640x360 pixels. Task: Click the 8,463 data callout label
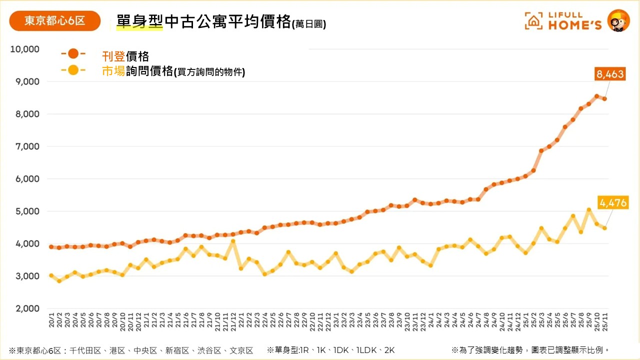point(609,74)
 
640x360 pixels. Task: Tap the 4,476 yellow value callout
point(613,202)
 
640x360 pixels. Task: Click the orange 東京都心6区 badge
point(55,21)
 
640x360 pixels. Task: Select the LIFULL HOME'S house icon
point(533,21)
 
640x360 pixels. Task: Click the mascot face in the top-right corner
point(618,20)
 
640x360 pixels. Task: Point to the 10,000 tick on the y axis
point(24,49)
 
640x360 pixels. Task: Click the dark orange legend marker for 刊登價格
point(73,53)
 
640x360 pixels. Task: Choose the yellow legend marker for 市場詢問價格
point(73,70)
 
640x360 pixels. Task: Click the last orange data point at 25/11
point(605,98)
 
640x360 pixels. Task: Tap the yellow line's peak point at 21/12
point(233,241)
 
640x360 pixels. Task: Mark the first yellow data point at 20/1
point(51,275)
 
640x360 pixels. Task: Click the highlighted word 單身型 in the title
point(139,22)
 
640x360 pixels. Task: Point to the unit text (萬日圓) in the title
point(308,24)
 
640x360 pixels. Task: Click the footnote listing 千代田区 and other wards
point(131,350)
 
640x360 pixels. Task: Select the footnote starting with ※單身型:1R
point(330,350)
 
